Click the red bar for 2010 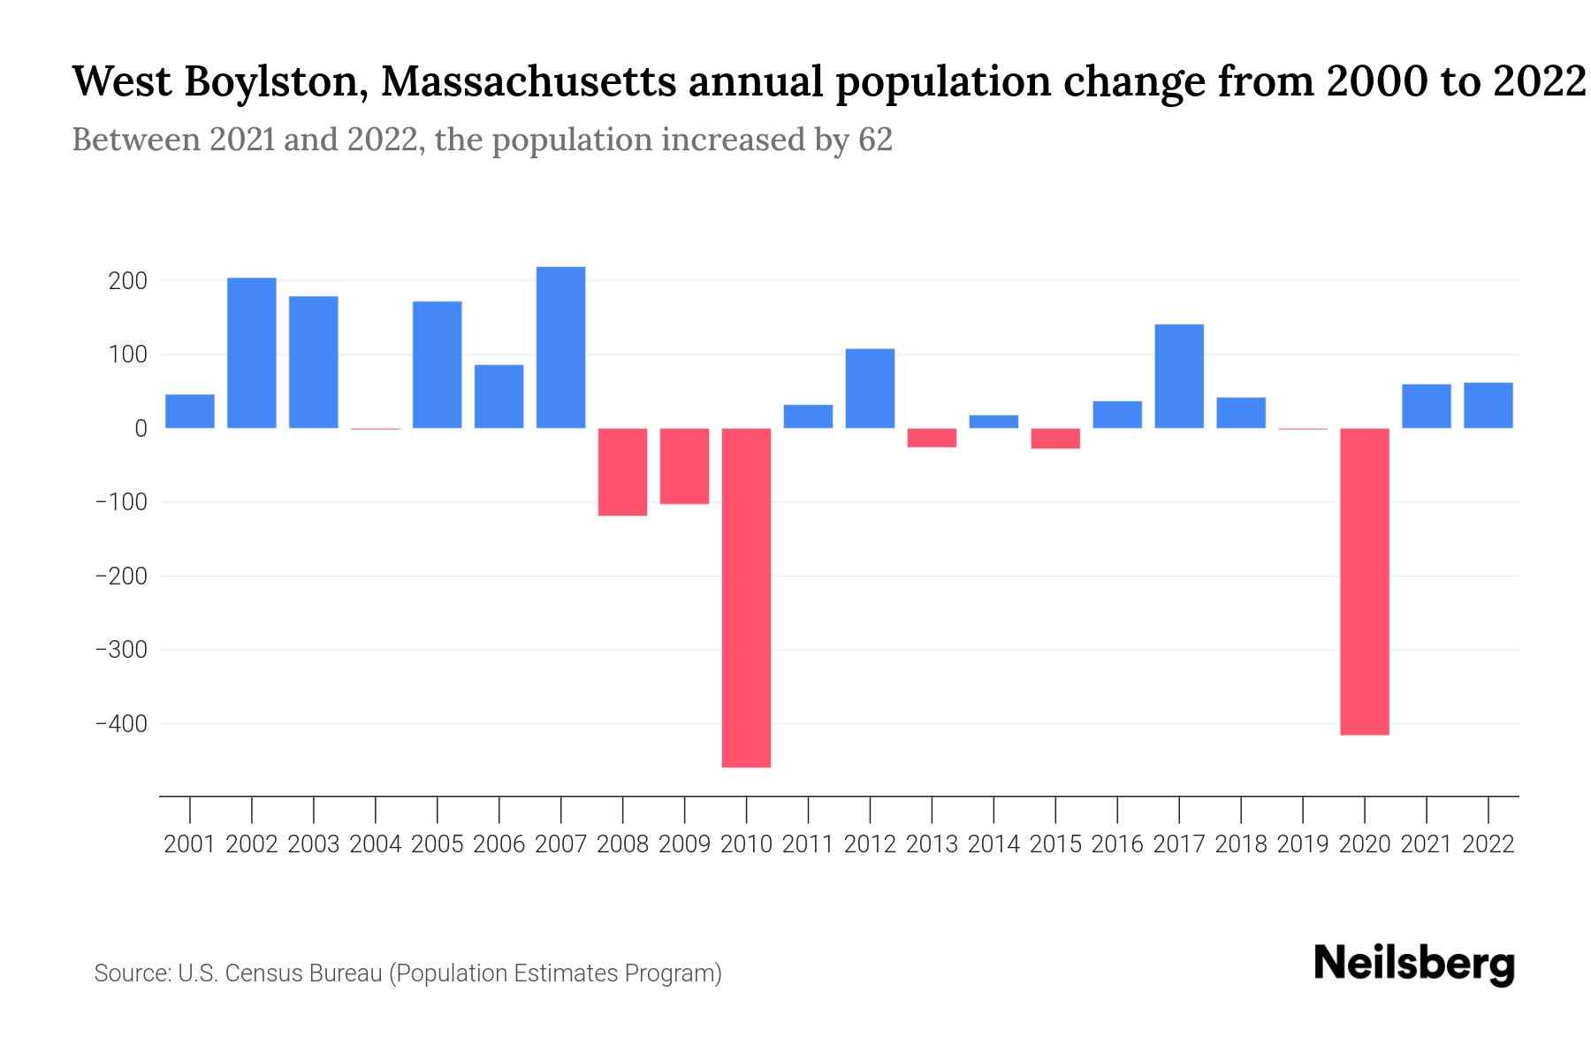[x=746, y=597]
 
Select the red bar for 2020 [x=1364, y=581]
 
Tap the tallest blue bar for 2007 [x=560, y=347]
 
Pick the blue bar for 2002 [x=252, y=353]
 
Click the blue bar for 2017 [x=1179, y=376]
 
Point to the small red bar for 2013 [x=932, y=438]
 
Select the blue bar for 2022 [x=1488, y=405]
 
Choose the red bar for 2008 [x=622, y=471]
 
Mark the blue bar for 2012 [x=870, y=388]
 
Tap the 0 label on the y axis [x=141, y=429]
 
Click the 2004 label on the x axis [x=376, y=844]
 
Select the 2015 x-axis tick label [x=1055, y=844]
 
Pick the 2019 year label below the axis [x=1303, y=844]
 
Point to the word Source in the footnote [x=131, y=973]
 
